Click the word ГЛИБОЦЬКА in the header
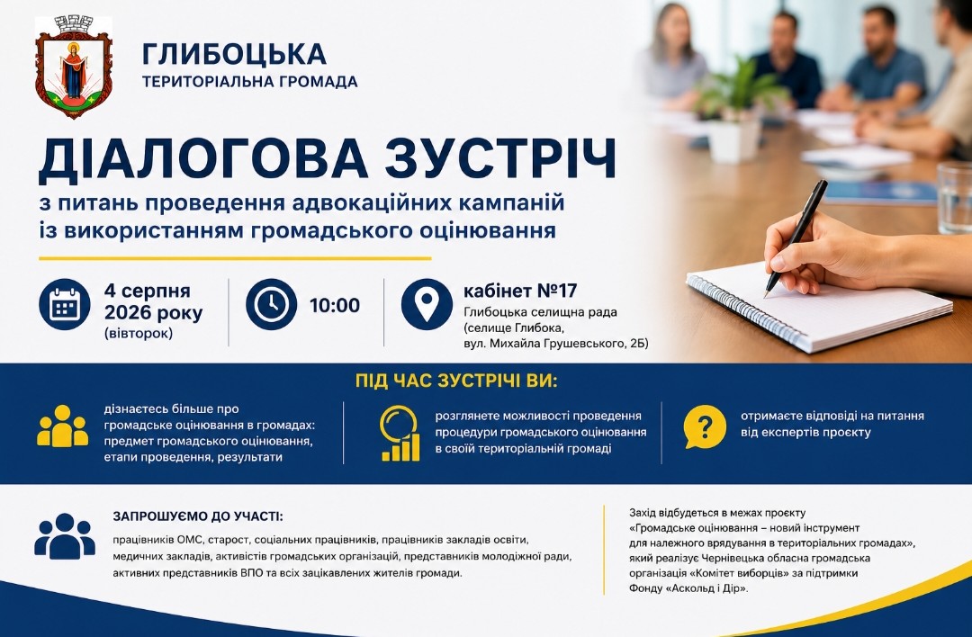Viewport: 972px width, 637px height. pyautogui.click(x=234, y=54)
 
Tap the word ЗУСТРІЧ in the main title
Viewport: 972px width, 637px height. pyautogui.click(x=501, y=159)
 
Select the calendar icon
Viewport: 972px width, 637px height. pyautogui.click(x=65, y=304)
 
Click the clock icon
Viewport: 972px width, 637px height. pyautogui.click(x=271, y=304)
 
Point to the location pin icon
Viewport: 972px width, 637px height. pyautogui.click(x=427, y=304)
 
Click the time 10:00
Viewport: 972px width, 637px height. pyautogui.click(x=335, y=305)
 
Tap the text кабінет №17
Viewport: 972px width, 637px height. pyautogui.click(x=520, y=291)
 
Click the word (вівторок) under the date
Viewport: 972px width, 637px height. pyautogui.click(x=139, y=334)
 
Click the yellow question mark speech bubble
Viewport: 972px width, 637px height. pyautogui.click(x=704, y=427)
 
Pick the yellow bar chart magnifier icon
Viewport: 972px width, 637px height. pyautogui.click(x=400, y=433)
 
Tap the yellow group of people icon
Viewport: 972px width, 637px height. pyautogui.click(x=63, y=426)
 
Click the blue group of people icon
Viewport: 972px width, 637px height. pyautogui.click(x=65, y=536)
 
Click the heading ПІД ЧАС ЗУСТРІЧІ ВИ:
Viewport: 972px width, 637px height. pyautogui.click(x=456, y=381)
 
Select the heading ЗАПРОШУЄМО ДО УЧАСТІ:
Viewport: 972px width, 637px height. pyautogui.click(x=198, y=516)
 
